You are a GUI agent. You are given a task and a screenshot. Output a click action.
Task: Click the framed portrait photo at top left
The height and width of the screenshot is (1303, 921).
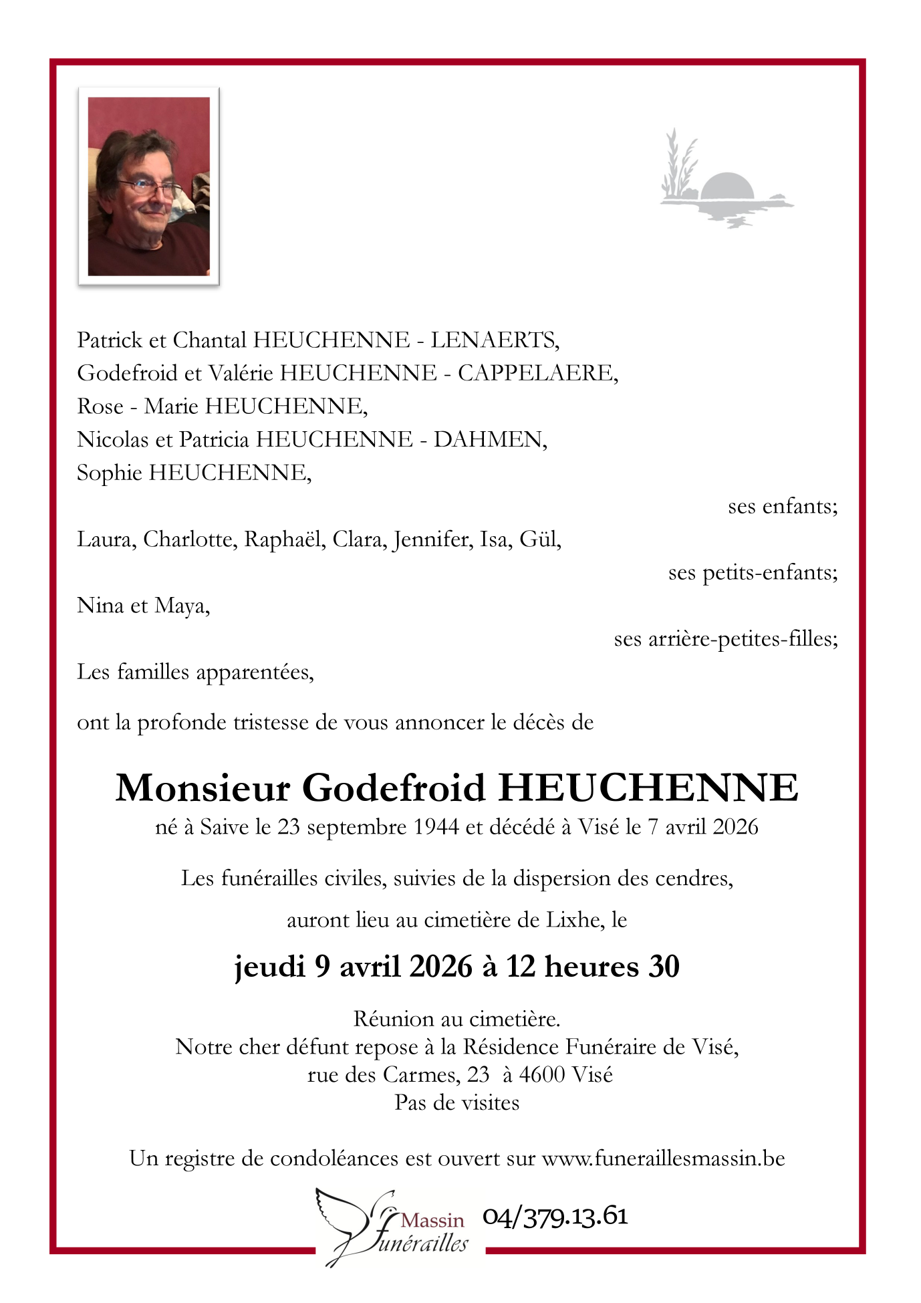point(148,186)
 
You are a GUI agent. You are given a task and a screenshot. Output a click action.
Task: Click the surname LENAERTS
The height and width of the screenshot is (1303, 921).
point(494,340)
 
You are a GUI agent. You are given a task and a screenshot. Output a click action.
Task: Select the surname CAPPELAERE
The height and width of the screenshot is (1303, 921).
point(537,373)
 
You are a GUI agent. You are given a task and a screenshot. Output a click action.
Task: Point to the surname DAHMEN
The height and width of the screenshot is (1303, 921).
point(489,439)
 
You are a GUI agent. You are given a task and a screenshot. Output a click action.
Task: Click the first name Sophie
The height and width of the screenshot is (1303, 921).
point(110,473)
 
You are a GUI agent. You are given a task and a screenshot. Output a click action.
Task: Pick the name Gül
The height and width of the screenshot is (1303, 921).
point(540,539)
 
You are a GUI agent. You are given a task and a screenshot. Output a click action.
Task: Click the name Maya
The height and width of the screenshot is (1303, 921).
point(182,606)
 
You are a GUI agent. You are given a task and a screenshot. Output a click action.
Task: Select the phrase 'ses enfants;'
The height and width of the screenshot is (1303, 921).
point(782,506)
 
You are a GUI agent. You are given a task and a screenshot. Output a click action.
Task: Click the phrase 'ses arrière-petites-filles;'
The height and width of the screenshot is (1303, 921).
point(726,639)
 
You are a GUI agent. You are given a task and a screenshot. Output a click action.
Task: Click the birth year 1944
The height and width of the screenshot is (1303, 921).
point(436,827)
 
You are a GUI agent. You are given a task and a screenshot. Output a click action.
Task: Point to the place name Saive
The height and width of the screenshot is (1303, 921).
point(225,827)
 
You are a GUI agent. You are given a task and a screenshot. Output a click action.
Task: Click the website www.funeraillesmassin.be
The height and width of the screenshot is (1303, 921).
point(663,1158)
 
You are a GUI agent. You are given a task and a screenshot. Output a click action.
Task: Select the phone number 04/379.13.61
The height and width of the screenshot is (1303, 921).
point(555,1216)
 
